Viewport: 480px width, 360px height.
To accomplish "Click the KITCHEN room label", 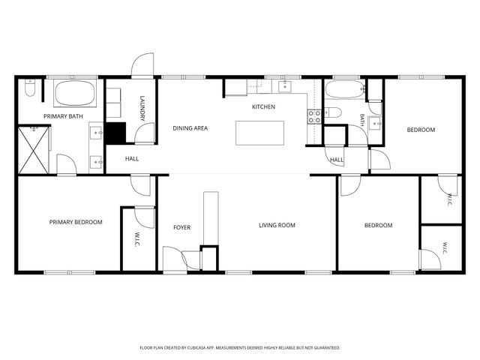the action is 263,106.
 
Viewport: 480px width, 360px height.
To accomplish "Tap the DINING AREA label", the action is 190,128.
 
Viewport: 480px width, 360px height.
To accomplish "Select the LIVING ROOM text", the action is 277,225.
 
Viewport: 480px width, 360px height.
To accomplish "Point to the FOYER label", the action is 181,227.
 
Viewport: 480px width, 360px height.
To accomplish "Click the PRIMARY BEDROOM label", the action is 76,222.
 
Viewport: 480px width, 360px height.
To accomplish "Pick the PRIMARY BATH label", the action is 63,116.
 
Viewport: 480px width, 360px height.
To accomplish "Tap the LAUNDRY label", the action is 142,108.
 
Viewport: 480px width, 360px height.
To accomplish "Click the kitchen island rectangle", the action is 259,133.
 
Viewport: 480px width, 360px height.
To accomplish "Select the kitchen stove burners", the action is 314,117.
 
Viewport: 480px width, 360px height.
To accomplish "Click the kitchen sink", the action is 285,86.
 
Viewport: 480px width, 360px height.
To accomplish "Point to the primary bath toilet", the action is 30,88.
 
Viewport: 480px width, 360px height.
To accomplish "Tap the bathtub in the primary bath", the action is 75,93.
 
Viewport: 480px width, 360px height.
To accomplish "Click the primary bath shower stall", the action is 34,150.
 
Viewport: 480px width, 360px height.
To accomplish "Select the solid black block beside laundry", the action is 115,133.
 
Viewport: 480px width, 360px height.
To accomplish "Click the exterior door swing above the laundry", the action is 142,64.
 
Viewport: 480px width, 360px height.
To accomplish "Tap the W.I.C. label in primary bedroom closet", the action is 136,240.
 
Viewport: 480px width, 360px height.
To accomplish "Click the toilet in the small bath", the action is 333,112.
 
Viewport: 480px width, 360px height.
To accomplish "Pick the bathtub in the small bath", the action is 345,89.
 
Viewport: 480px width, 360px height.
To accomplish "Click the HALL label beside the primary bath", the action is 132,159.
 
